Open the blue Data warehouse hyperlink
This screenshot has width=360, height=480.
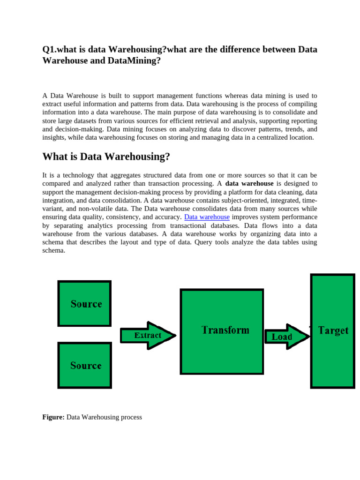pyautogui.click(x=207, y=217)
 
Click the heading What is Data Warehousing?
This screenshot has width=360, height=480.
pyautogui.click(x=106, y=157)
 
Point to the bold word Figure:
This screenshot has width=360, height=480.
pyautogui.click(x=53, y=417)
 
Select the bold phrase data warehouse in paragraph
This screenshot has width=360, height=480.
pyautogui.click(x=249, y=183)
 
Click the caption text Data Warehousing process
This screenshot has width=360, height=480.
pyautogui.click(x=104, y=417)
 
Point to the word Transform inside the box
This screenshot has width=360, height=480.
pyautogui.click(x=225, y=330)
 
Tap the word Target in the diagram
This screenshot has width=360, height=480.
pyautogui.click(x=333, y=330)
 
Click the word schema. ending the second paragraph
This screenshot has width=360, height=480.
pyautogui.click(x=54, y=251)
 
